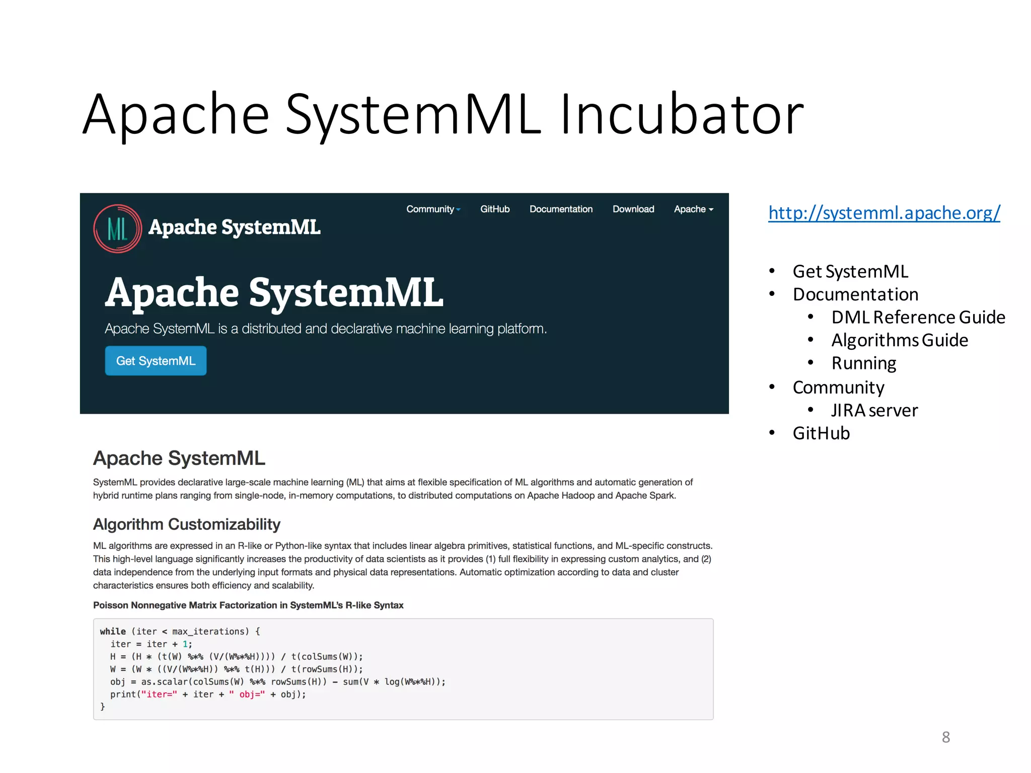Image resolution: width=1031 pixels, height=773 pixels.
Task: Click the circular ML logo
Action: (117, 228)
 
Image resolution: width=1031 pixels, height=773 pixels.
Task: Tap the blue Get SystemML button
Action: (156, 361)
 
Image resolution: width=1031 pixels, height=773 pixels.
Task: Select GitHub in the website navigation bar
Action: (495, 209)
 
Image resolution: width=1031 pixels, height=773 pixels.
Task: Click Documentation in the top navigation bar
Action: (561, 209)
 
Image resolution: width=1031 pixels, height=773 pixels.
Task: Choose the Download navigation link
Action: (633, 209)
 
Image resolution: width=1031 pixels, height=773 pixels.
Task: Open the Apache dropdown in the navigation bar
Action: (693, 209)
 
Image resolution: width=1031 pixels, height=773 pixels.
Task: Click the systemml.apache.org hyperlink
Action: (884, 213)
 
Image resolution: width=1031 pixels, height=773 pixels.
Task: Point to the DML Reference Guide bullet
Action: (918, 317)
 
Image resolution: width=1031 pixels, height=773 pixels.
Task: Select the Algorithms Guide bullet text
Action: (900, 340)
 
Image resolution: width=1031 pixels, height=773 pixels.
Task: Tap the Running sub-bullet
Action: (864, 363)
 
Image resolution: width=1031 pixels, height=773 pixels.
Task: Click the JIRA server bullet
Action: (874, 410)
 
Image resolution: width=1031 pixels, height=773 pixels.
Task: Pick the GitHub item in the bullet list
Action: (821, 433)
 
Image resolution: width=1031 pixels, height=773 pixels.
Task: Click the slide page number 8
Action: (946, 737)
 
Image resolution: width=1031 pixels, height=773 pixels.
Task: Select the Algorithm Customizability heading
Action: (187, 524)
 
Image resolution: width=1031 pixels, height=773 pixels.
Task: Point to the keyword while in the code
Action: (113, 632)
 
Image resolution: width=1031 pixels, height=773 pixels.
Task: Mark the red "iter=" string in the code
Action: (159, 694)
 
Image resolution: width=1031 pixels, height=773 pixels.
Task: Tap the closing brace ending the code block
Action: (103, 707)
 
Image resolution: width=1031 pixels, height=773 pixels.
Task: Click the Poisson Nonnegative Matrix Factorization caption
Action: (248, 605)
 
